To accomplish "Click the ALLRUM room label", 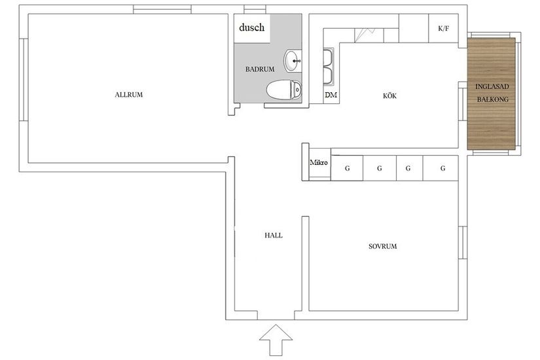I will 128,95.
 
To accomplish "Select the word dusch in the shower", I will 251,27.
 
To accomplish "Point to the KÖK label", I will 390,96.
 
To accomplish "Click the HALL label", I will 273,235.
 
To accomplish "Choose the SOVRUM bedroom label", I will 383,247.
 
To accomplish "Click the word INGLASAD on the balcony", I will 492,87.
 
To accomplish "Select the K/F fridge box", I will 443,29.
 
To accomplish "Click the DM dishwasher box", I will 331,96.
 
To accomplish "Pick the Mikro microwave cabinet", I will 319,163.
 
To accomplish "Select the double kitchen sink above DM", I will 329,68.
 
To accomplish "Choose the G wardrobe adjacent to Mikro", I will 347,169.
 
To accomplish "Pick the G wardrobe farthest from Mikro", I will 442,169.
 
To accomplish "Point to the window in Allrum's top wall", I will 162,9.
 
